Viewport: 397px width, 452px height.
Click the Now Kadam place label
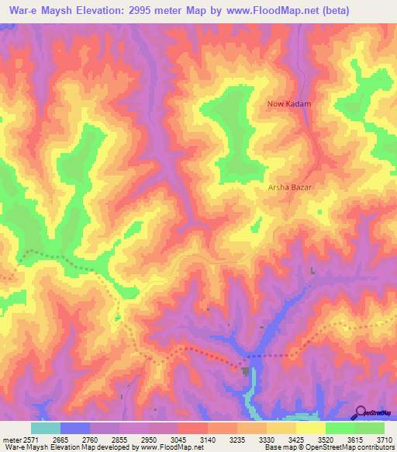coord(288,104)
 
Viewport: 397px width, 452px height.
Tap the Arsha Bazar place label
coord(288,188)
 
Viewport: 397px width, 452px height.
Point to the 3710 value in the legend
coord(385,439)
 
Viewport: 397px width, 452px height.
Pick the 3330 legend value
coord(266,439)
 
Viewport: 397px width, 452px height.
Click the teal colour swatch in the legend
coord(45,428)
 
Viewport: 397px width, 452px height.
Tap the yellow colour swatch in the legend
coord(310,428)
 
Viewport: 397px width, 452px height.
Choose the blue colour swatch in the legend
coord(74,428)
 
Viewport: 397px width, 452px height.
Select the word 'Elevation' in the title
coord(94,11)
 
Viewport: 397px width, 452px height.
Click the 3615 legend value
coord(355,439)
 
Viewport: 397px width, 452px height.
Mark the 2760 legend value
coord(90,439)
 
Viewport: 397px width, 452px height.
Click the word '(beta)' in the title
coord(333,11)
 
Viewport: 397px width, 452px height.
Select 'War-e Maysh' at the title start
coord(33,11)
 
